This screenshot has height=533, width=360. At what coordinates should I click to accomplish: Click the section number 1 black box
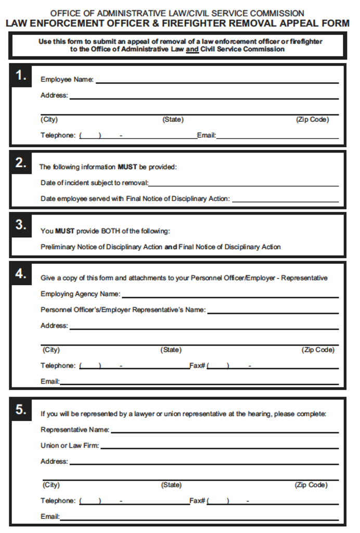click(21, 76)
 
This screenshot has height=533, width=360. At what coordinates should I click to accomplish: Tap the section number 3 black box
click(21, 225)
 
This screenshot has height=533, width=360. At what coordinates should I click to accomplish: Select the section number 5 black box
click(21, 410)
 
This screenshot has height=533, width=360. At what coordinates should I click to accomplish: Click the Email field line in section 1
click(277, 138)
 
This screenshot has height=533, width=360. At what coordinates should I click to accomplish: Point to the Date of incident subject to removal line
click(243, 185)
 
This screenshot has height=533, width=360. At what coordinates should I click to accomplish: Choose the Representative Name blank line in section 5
click(224, 432)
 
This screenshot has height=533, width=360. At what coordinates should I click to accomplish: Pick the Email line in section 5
click(199, 519)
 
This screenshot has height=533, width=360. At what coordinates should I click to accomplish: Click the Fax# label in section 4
click(197, 366)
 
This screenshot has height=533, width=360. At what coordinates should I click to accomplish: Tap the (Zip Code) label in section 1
click(312, 120)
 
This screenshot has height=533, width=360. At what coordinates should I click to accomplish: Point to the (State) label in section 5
click(171, 485)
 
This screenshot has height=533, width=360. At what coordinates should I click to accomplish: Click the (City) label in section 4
click(51, 350)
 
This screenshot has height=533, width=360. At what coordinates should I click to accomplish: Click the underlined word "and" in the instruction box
click(192, 49)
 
